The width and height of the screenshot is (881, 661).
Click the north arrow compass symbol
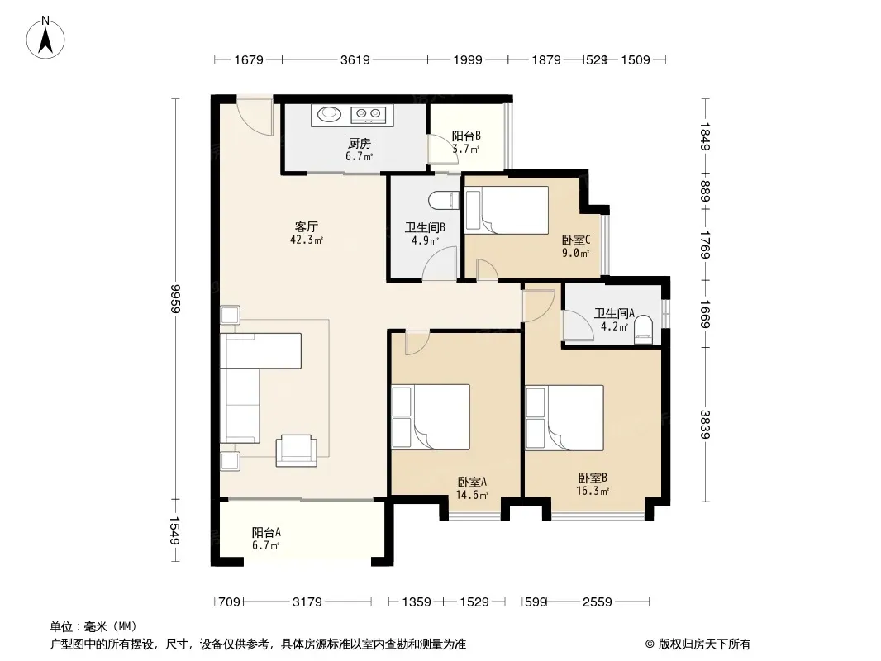click(45, 38)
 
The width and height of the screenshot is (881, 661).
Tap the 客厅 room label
click(307, 227)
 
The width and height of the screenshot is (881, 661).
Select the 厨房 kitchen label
click(359, 144)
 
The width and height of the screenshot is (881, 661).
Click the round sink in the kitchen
click(329, 115)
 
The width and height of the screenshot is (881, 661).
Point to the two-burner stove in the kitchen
click(369, 115)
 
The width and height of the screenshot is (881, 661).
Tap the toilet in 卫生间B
click(443, 201)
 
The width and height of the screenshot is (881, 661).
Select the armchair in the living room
click(296, 450)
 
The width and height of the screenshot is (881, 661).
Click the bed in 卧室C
click(507, 210)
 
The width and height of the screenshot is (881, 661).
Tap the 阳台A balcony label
click(266, 532)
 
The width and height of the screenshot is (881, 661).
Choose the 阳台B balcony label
click(466, 136)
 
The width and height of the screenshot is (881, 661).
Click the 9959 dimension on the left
click(176, 299)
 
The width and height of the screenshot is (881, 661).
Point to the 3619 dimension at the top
click(355, 59)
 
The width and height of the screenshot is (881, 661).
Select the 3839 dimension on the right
click(705, 424)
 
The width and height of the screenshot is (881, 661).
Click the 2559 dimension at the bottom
click(597, 602)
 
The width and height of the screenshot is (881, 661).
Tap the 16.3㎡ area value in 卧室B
click(593, 492)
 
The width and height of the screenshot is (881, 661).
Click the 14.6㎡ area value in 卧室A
click(471, 495)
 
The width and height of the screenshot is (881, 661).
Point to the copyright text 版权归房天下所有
click(704, 644)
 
